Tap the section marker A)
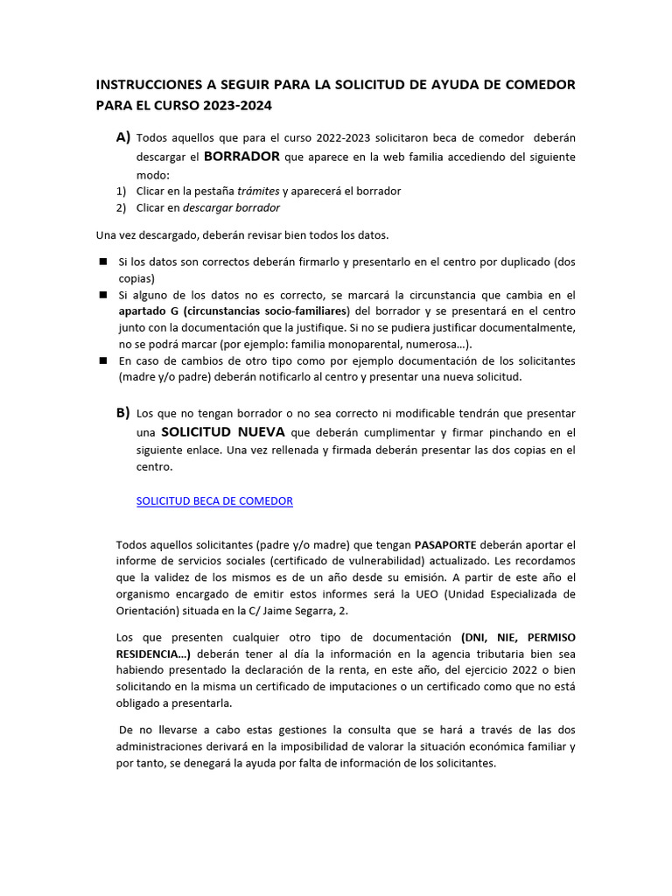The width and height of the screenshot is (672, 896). [122, 137]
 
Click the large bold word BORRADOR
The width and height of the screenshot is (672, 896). [241, 157]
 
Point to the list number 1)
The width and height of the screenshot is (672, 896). [122, 191]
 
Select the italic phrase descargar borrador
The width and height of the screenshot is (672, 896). [231, 207]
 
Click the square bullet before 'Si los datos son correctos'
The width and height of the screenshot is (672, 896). [102, 262]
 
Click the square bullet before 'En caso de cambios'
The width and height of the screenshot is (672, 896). [102, 360]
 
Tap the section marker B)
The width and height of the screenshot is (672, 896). [122, 412]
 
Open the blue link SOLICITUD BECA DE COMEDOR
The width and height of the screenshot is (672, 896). [215, 500]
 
